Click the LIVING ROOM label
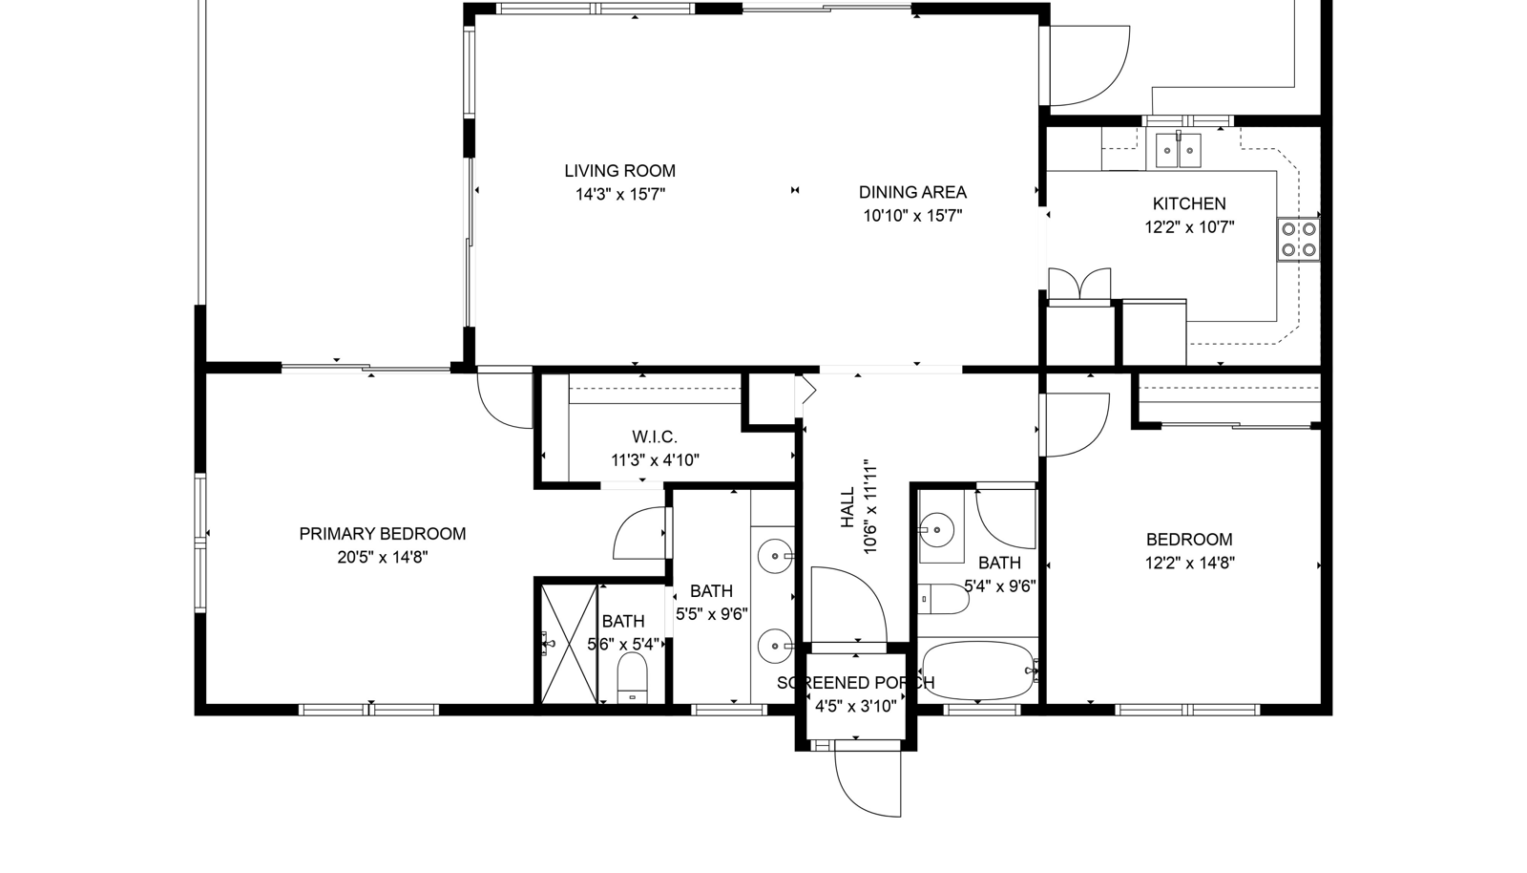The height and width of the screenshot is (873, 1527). click(619, 171)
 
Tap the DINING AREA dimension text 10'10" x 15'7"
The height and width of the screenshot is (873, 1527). click(912, 216)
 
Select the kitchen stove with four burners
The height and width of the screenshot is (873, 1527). click(1299, 240)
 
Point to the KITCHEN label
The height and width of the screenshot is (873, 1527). click(1189, 203)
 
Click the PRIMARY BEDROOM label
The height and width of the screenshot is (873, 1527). click(383, 533)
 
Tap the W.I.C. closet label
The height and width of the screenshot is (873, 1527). click(655, 436)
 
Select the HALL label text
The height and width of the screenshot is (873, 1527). click(847, 507)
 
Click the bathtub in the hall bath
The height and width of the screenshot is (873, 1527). click(978, 670)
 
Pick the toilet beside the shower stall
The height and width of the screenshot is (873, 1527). click(632, 678)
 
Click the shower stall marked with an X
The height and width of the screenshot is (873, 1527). click(569, 643)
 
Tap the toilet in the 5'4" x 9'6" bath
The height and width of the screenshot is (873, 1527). click(944, 600)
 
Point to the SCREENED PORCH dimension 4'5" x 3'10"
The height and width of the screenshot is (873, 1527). click(855, 706)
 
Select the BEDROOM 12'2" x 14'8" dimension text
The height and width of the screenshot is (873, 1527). click(1189, 564)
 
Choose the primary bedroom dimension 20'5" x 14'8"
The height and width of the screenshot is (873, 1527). click(383, 557)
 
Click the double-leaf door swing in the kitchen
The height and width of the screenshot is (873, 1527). click(1079, 285)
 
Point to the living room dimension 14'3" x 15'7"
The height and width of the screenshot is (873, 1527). click(619, 195)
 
